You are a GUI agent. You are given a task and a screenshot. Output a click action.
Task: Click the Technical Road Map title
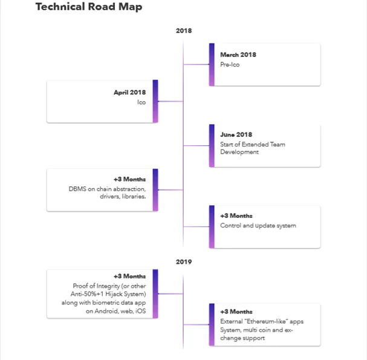pos(89,7)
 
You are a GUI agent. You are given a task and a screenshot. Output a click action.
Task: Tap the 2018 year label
pos(184,31)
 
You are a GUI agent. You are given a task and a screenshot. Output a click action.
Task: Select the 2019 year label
pos(184,262)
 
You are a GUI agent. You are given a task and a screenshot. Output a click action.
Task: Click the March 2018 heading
pos(238,55)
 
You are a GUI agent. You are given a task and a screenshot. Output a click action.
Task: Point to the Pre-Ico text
pos(230,65)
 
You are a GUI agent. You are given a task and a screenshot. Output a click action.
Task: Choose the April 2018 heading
pos(129,93)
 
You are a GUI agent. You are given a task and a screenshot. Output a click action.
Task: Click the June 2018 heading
pos(236,135)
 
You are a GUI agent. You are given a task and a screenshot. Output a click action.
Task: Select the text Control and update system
pos(258,226)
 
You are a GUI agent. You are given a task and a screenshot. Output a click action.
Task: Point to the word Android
pos(106,311)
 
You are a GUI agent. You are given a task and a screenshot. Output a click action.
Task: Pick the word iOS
pos(140,311)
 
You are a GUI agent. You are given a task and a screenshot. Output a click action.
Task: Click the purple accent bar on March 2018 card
pos(212,65)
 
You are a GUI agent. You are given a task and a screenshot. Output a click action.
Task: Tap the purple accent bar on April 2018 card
pos(155,101)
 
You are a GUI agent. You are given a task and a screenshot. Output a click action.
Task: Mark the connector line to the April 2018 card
pos(171,102)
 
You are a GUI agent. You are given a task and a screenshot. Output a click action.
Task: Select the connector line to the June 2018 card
pos(196,146)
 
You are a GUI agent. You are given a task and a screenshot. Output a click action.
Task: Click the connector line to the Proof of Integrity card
pos(171,293)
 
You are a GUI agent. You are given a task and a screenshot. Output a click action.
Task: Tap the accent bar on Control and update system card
pos(212,227)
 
